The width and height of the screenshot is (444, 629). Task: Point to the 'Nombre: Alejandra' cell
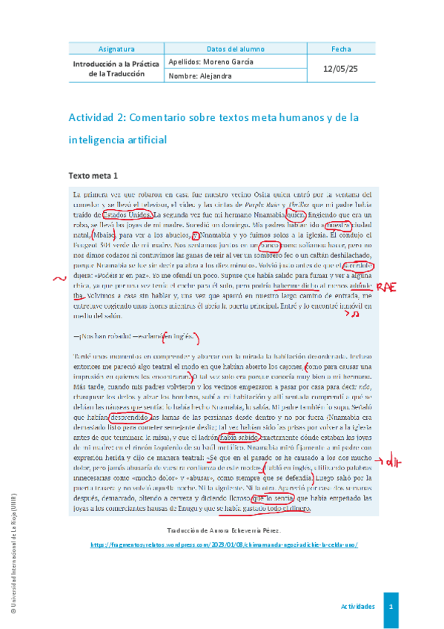pos(201,76)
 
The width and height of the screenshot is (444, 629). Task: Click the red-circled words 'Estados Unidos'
pos(132,215)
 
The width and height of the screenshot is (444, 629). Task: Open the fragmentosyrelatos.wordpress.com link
pos(224,565)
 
